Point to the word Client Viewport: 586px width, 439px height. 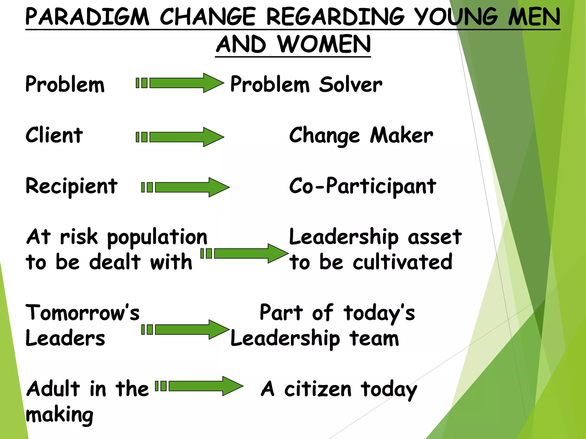click(x=54, y=135)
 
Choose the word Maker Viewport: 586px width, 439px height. click(x=401, y=135)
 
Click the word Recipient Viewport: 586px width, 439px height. click(x=71, y=186)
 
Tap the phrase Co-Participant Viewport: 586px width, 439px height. click(x=363, y=186)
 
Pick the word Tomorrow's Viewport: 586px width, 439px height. click(x=82, y=312)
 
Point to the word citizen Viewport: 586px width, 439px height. click(x=318, y=389)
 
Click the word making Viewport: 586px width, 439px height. click(x=60, y=415)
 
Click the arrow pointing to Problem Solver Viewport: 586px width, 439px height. click(x=180, y=83)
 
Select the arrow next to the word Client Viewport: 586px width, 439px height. click(x=180, y=137)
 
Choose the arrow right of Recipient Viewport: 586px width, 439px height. click(x=186, y=187)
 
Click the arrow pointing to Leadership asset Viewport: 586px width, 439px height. click(x=245, y=254)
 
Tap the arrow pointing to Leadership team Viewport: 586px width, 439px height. click(x=186, y=330)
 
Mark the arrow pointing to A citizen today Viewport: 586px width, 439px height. click(x=199, y=386)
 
